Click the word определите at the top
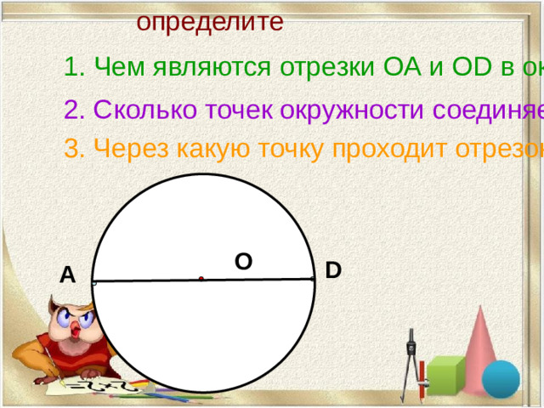[210, 20]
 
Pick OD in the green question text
[467, 66]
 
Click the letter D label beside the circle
[333, 271]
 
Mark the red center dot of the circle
[201, 278]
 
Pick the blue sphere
[501, 379]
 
